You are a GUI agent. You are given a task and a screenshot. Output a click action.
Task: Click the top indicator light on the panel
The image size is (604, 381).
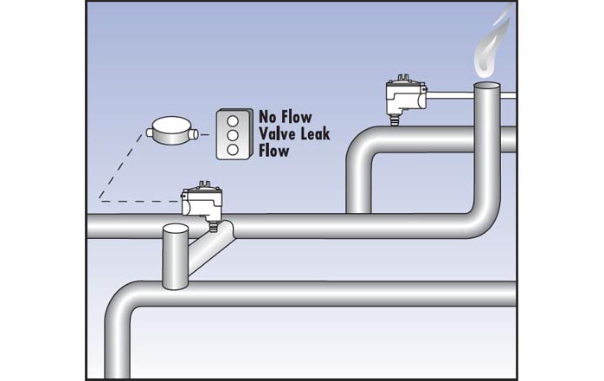pyautogui.click(x=231, y=119)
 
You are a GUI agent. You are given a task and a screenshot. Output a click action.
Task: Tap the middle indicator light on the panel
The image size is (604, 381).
pyautogui.click(x=231, y=134)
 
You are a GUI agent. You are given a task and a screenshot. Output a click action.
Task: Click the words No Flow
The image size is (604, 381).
pyautogui.click(x=286, y=116)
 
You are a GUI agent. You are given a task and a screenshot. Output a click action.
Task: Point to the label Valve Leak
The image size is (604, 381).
pyautogui.click(x=294, y=133)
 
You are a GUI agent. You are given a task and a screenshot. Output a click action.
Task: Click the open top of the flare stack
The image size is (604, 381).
pyautogui.click(x=489, y=87)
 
